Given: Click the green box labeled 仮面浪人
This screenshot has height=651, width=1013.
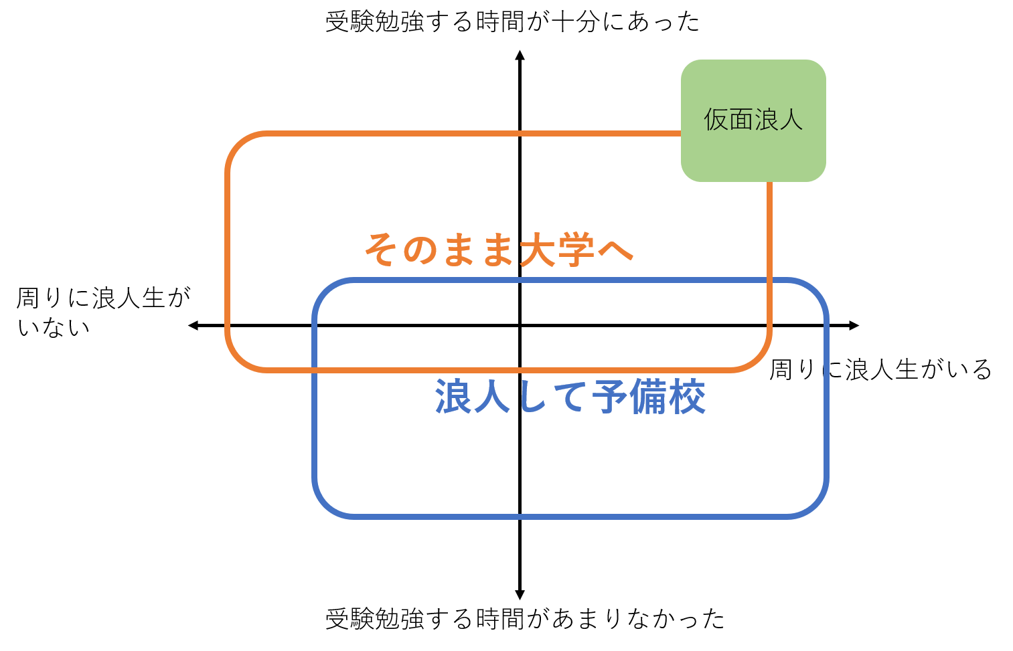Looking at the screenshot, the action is (x=753, y=120).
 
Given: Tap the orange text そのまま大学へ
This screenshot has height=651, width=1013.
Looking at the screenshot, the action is (x=499, y=250).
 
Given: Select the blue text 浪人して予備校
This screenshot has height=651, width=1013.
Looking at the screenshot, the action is (x=570, y=396).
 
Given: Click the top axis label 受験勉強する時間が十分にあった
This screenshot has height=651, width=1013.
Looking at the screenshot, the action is (x=512, y=21).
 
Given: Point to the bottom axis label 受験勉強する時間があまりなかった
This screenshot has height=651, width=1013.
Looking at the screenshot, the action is (x=525, y=618).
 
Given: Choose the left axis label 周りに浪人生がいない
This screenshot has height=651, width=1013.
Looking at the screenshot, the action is (x=104, y=312).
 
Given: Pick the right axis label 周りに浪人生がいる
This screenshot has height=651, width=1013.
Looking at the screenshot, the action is (x=880, y=369).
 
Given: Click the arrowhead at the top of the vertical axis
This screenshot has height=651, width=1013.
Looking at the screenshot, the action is (x=520, y=55).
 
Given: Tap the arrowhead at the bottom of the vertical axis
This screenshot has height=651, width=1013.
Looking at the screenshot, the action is (x=520, y=595).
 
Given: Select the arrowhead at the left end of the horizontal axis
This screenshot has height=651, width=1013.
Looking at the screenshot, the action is (x=193, y=325).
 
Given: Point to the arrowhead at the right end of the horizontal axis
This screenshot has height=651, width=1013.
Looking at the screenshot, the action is (x=854, y=325).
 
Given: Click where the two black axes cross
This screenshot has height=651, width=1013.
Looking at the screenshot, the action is (x=520, y=325).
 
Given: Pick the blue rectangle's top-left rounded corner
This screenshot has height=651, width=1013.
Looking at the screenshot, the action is (x=325, y=292).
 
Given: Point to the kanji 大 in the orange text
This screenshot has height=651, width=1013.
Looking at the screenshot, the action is (x=537, y=250).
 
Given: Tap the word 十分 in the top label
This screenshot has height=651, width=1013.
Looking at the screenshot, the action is (x=576, y=21).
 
